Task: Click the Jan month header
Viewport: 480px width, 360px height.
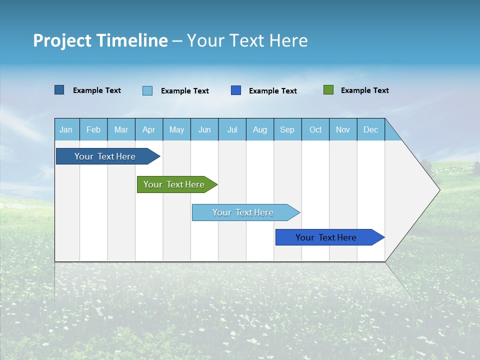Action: [x=66, y=129]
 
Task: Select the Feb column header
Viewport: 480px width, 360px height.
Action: [x=93, y=129]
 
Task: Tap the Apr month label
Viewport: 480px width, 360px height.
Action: [x=148, y=129]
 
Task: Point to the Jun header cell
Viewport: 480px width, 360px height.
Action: [x=204, y=129]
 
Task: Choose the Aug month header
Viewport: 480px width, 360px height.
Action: [x=259, y=129]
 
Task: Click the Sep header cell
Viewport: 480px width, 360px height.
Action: [x=287, y=129]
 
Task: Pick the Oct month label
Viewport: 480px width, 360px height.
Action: [x=315, y=129]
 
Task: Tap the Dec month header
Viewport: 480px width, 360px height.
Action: [x=370, y=129]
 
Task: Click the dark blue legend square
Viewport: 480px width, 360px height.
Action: [x=59, y=90]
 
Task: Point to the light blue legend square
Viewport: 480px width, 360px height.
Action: [x=147, y=90]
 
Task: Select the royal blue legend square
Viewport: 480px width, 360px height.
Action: [x=236, y=90]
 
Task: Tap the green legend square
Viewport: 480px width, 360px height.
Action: [x=328, y=90]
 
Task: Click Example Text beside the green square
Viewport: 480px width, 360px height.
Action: [x=364, y=90]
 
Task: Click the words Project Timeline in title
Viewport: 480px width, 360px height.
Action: [x=100, y=40]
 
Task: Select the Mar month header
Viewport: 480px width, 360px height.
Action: [x=121, y=129]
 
